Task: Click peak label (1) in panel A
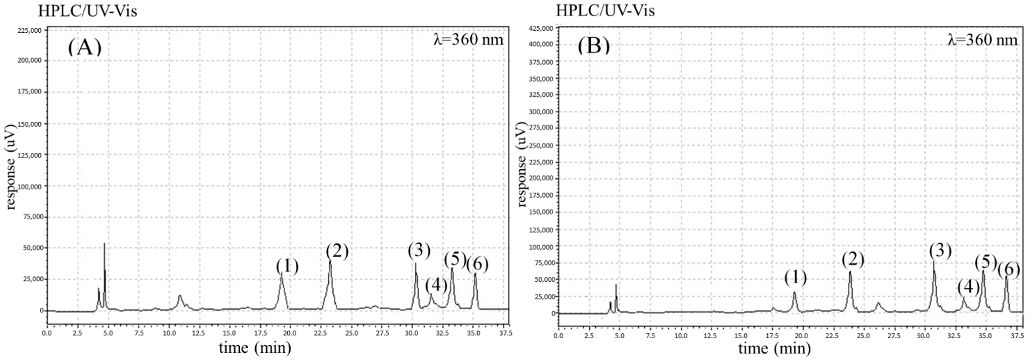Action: (x=287, y=266)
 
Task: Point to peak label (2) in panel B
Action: (x=853, y=259)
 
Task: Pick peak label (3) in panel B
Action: (x=940, y=251)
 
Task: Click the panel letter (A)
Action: (x=84, y=47)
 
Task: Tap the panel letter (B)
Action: (x=593, y=46)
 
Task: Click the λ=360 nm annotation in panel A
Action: (x=468, y=40)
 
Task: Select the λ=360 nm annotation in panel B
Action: (x=983, y=40)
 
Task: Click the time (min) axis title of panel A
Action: (x=255, y=348)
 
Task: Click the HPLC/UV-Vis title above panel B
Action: (x=605, y=11)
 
